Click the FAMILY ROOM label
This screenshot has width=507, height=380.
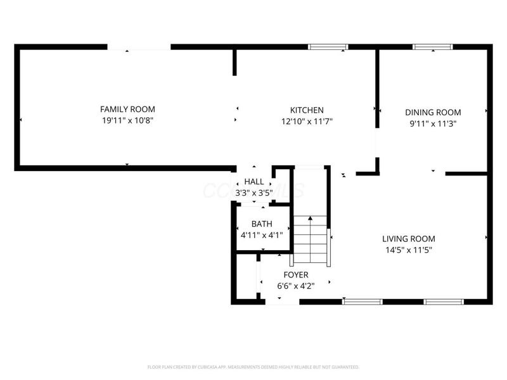tap(127, 110)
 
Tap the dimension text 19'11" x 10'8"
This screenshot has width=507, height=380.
tap(127, 120)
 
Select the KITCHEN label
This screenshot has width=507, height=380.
tap(307, 110)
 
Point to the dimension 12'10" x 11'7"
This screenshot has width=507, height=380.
tap(307, 121)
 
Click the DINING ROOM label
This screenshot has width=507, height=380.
tap(433, 113)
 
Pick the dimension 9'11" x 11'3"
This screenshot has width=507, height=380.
tap(433, 123)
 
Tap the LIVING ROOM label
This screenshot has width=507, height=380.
tap(408, 239)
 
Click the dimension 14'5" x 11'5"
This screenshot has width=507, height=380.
tap(408, 250)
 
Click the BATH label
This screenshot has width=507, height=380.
tap(262, 224)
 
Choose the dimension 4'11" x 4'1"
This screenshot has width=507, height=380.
tap(262, 234)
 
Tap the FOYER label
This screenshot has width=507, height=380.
tap(295, 275)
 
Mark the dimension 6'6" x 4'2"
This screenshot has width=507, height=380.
tap(295, 286)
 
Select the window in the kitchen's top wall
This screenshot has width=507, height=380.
tap(328, 47)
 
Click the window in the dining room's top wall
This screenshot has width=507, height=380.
tap(432, 47)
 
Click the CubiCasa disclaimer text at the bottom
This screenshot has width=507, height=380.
tap(253, 367)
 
